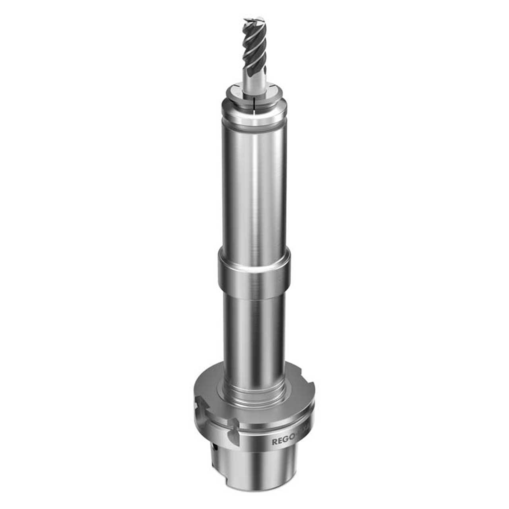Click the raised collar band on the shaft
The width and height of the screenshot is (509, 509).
(254, 275)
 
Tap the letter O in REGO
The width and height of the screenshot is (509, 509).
(293, 441)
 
